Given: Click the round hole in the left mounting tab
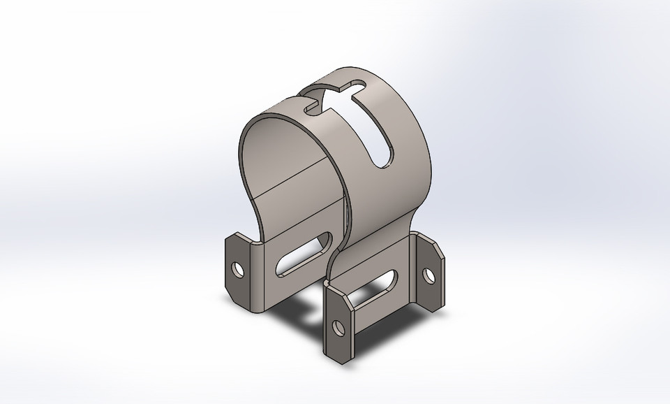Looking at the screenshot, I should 239,268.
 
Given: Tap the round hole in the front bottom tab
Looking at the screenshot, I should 339,326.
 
